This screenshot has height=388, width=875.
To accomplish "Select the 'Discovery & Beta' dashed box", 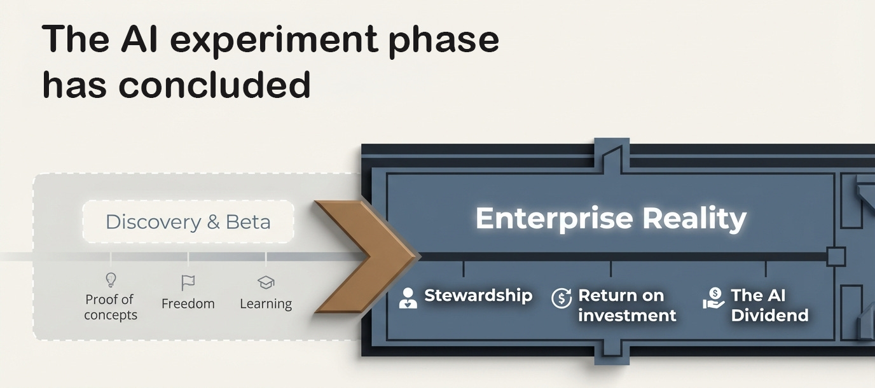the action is point(188,222).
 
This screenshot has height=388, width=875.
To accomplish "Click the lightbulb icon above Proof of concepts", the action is point(111,280).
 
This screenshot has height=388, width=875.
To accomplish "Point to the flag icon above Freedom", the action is point(188,282).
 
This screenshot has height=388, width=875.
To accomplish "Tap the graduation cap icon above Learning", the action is point(265,282).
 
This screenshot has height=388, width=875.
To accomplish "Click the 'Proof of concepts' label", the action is point(110,307).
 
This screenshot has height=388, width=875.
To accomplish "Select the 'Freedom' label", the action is point(188,304).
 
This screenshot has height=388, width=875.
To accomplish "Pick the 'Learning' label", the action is point(266,304).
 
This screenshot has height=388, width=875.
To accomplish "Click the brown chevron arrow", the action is point(366,256).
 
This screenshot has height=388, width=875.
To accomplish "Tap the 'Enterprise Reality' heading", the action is point(610,218).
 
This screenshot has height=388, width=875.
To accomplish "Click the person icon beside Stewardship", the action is point(408,298).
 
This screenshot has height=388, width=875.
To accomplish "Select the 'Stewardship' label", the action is point(478,295).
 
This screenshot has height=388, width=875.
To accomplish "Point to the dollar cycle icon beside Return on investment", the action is point(562,298).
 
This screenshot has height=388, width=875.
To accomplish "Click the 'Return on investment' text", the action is point(627,305).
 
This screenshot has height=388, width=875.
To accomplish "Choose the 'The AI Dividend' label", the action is point(769,305).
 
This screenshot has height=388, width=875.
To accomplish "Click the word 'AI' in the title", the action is point(143,39).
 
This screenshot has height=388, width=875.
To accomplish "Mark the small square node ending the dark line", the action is point(836,257).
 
